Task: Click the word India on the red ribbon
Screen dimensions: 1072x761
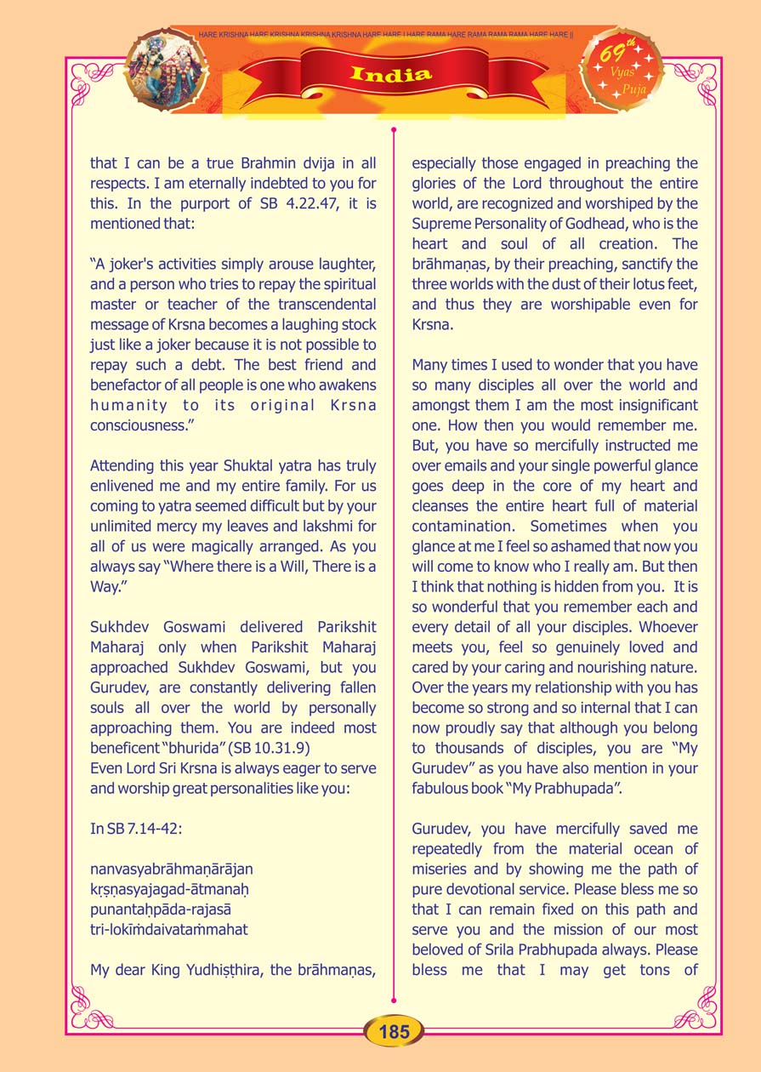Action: tap(391, 74)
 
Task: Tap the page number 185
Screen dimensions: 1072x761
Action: tap(395, 1032)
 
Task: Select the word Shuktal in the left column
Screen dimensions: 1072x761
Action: tap(224, 465)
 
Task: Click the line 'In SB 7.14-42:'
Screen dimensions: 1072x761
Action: tap(129, 829)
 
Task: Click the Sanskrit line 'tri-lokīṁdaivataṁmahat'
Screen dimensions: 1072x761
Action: tap(169, 929)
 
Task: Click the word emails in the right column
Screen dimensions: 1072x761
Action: tap(474, 465)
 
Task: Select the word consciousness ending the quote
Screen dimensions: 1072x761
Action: tap(144, 425)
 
